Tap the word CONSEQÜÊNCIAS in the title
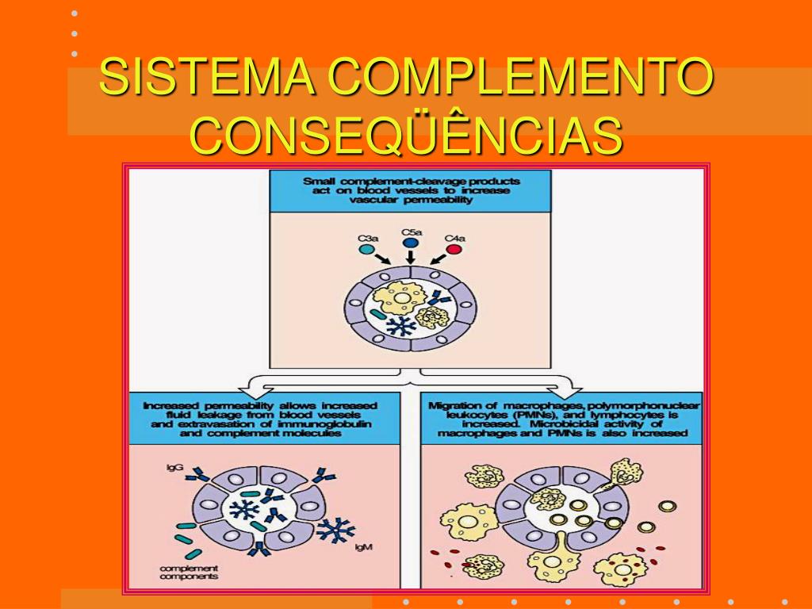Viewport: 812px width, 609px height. point(406,135)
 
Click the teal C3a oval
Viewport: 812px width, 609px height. point(366,249)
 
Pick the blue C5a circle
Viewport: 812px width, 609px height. point(411,243)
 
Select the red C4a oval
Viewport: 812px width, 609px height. point(454,249)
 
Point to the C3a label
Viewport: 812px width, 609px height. point(367,237)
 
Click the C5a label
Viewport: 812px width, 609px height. point(411,232)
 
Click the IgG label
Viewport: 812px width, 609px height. point(174,468)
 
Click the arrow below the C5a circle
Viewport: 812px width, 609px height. point(410,258)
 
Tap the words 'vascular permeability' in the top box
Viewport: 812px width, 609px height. point(410,201)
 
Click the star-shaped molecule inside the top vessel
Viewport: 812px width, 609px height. point(404,325)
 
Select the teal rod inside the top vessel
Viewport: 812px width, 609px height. point(376,315)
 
